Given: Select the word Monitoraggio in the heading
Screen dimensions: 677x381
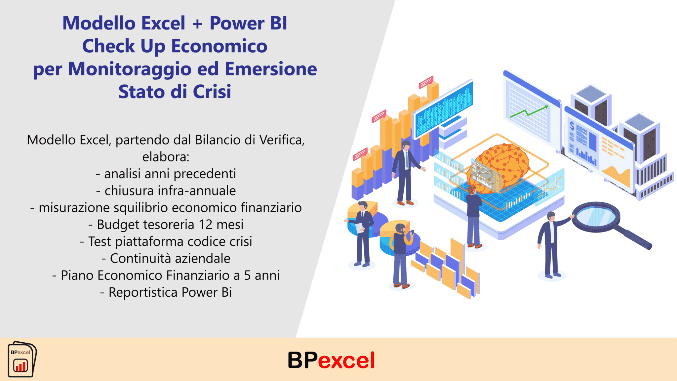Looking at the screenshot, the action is [130, 69].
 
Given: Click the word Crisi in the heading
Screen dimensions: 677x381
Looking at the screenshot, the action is [212, 92].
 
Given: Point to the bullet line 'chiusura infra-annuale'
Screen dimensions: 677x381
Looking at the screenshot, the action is [166, 191].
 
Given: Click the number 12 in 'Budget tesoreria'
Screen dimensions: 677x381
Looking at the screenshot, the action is [206, 225].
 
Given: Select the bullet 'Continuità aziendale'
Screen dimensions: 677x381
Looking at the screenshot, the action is [166, 258].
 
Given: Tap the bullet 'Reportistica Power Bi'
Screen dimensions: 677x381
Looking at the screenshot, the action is [166, 292].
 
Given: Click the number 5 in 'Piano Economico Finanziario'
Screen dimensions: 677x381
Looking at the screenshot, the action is [248, 275].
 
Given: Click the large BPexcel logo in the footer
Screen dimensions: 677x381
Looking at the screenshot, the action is [331, 360].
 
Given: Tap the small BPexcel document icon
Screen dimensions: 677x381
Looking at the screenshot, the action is [22, 360].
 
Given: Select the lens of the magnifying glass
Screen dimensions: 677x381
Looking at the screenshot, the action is [596, 217].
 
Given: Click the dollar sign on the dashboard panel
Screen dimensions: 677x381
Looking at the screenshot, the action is [572, 126].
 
